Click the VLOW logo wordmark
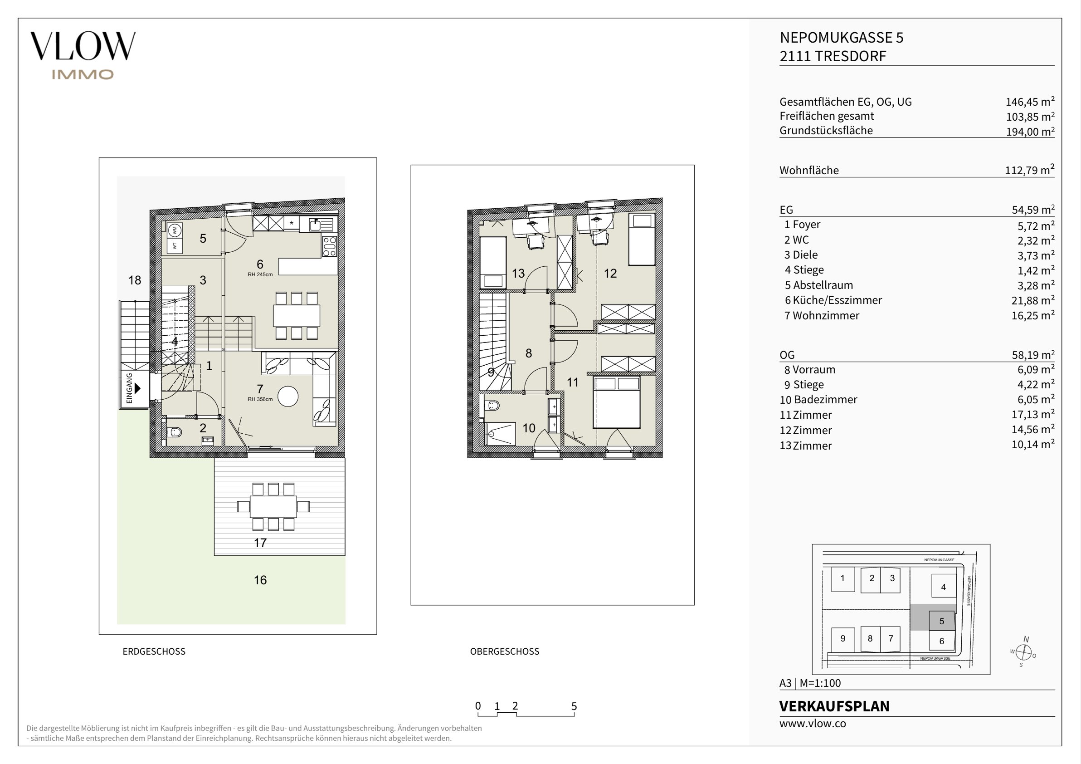click(x=83, y=46)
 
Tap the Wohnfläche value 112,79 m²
click(x=1030, y=170)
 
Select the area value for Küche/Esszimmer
click(x=1033, y=300)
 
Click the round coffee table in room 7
click(x=287, y=396)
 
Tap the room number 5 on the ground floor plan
click(x=203, y=238)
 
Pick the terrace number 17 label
click(x=260, y=543)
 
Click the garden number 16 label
click(x=260, y=580)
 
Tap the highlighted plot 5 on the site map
click(x=942, y=621)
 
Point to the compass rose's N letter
click(x=1027, y=639)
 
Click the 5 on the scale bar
click(x=574, y=706)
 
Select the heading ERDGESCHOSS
click(x=154, y=651)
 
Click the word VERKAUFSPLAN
click(x=834, y=706)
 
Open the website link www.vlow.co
click(x=813, y=724)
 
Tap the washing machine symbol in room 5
click(x=175, y=230)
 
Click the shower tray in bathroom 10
click(x=500, y=433)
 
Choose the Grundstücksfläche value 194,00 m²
click(x=1030, y=131)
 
